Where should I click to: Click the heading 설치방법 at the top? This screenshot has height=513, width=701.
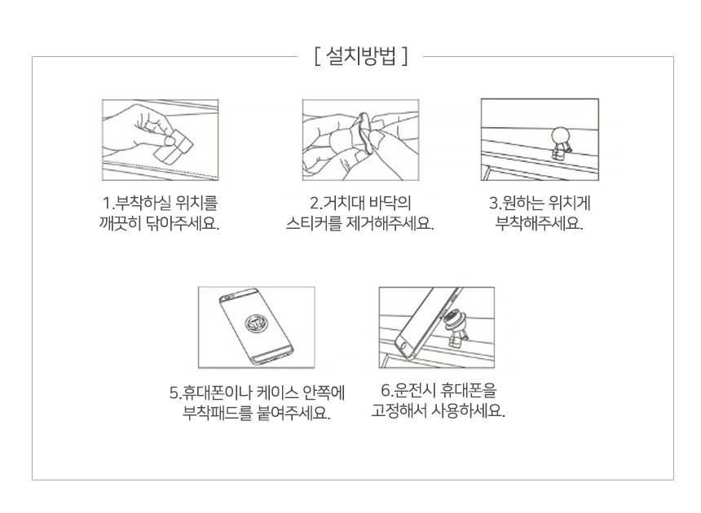[361, 56]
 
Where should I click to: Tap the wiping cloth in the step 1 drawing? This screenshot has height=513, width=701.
[174, 146]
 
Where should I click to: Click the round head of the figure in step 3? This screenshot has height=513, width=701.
[561, 136]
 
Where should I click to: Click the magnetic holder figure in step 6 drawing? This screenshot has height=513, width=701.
[456, 327]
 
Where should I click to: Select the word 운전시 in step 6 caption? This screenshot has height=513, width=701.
[408, 390]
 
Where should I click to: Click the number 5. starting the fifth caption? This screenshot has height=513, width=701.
[174, 393]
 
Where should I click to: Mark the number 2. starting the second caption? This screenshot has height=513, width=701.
[316, 204]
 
